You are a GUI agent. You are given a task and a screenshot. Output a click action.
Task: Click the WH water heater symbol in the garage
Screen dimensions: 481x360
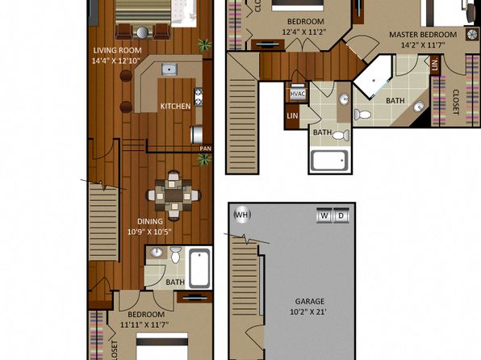(x=242, y=215)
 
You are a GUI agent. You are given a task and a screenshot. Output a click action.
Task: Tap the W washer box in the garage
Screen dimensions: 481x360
(x=324, y=216)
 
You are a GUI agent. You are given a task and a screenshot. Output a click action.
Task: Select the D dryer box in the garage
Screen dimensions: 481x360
(x=341, y=216)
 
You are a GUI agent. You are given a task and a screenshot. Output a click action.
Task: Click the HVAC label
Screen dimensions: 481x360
(x=297, y=94)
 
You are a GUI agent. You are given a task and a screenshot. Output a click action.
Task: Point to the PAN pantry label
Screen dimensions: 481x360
(x=205, y=149)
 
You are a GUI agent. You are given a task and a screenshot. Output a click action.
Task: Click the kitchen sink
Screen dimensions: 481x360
(x=169, y=69)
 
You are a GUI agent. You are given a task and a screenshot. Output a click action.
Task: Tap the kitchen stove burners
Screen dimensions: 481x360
(x=199, y=97)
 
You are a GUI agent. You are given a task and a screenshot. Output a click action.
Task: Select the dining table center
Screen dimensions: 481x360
(x=174, y=195)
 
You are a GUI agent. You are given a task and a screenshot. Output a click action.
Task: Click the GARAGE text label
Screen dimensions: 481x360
(x=310, y=301)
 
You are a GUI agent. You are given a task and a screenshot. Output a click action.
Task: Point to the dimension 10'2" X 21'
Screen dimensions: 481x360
(x=308, y=312)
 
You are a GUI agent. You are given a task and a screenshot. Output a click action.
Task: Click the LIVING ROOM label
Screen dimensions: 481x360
(x=117, y=50)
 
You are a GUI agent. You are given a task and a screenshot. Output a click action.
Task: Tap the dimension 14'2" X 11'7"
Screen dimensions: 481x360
(x=423, y=45)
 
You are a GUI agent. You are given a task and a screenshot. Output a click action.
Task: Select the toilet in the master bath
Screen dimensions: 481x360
(x=362, y=115)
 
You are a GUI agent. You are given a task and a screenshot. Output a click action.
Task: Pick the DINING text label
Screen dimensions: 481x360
(x=149, y=221)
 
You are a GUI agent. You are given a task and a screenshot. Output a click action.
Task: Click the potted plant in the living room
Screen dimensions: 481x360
(x=204, y=45)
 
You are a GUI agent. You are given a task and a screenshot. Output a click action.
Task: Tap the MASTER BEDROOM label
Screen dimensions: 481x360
(x=423, y=35)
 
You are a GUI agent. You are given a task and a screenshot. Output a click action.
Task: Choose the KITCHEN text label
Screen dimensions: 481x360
(x=175, y=107)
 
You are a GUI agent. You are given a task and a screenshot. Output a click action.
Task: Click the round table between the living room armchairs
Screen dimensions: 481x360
(x=142, y=32)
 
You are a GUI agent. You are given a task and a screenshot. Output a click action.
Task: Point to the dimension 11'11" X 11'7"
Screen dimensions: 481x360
(x=144, y=324)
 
